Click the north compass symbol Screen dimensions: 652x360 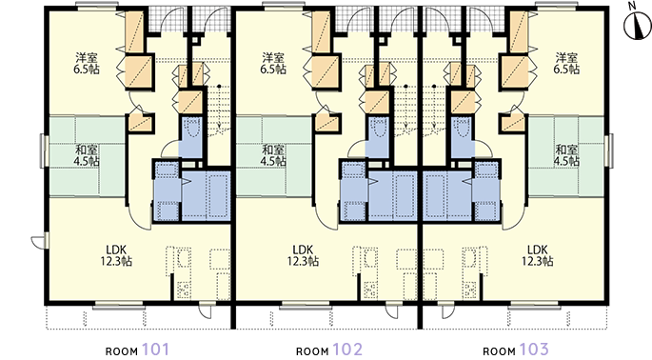click(638, 25)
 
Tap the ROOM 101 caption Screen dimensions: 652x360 click(137, 350)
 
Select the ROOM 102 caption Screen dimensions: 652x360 click(329, 350)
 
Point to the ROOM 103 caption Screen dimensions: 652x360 click(516, 350)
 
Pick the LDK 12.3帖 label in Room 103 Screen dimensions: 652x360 click(538, 255)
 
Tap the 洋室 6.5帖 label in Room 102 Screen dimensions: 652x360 click(273, 63)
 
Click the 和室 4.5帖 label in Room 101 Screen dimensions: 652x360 click(87, 155)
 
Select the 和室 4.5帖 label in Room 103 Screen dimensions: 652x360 click(566, 155)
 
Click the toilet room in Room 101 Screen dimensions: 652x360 click(190, 136)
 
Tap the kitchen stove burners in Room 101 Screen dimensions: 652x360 click(184, 290)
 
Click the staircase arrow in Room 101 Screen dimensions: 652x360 click(219, 108)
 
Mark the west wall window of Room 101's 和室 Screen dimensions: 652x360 click(43, 150)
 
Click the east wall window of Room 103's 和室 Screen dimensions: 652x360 click(610, 150)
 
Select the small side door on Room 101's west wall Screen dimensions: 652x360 click(40, 241)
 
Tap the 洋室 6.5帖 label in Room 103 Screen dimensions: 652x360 click(566, 63)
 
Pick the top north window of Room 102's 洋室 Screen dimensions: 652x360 click(284, 6)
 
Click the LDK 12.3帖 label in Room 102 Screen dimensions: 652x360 click(303, 255)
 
